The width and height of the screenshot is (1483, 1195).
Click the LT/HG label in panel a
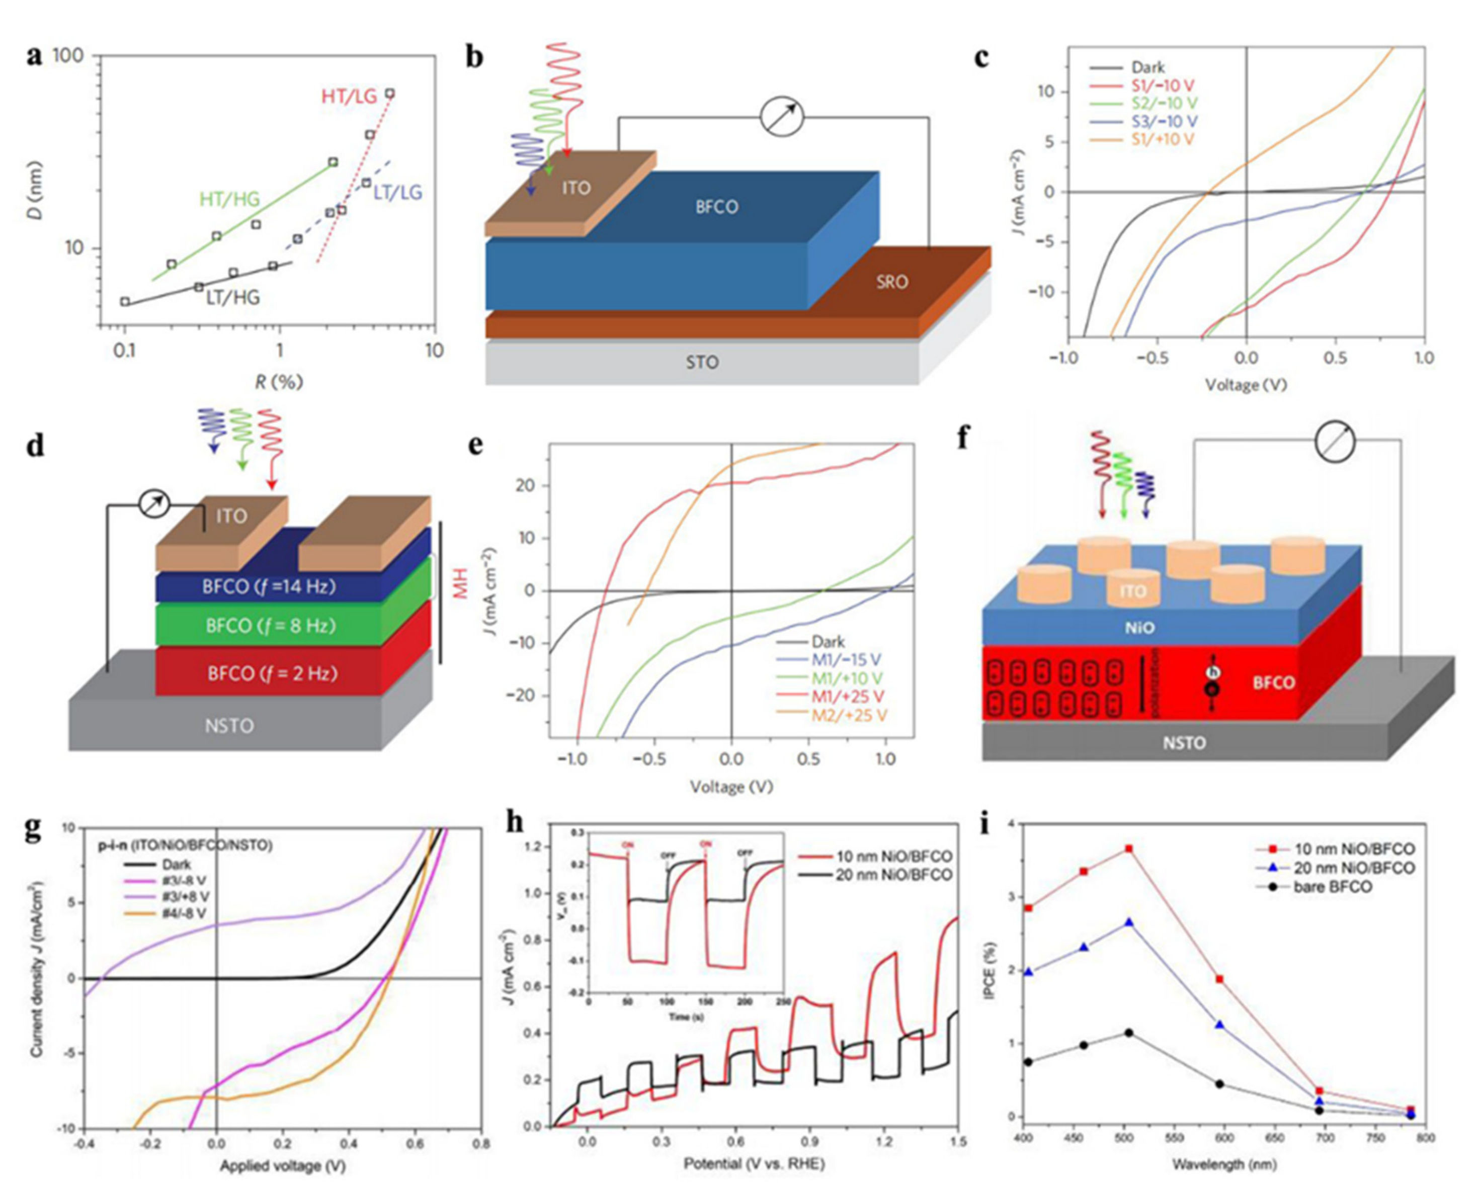coord(233,297)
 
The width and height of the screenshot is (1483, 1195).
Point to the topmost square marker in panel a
coord(390,93)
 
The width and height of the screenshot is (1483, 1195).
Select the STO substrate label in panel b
coord(702,362)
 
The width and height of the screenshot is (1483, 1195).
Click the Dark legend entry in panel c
coord(1147,67)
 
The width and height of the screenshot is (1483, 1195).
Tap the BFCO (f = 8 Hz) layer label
coord(271,626)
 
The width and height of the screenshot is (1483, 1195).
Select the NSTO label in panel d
coord(229,726)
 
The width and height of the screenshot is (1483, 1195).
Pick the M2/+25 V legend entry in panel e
coord(849,715)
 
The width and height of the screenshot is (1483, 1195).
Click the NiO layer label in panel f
coord(1139,628)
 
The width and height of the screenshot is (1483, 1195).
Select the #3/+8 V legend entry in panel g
coord(186,897)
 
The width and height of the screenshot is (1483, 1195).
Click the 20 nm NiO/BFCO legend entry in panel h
coord(893,875)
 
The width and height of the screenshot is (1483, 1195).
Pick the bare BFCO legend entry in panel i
coord(1332,887)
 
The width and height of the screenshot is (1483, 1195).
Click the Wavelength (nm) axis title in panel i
coord(1224,1165)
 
